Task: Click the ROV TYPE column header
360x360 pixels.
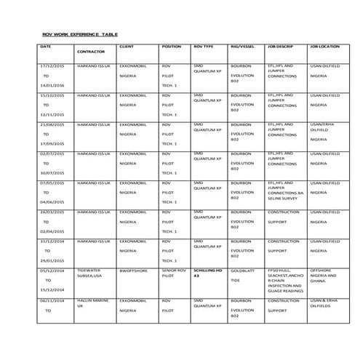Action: tap(204, 46)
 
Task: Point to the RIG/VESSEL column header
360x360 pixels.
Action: tap(241, 46)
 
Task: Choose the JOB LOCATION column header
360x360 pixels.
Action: tap(324, 46)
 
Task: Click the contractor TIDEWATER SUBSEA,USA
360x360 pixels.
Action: tap(90, 273)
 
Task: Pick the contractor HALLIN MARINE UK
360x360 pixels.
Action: tap(90, 303)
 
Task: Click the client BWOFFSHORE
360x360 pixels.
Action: tap(133, 270)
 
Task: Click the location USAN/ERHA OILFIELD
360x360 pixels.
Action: tap(324, 128)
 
